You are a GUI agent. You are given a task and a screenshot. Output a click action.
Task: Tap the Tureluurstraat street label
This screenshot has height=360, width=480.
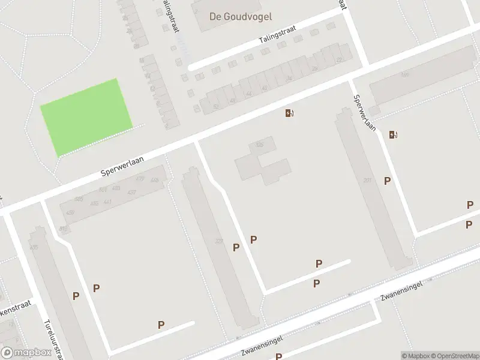pyautogui.click(x=53, y=337)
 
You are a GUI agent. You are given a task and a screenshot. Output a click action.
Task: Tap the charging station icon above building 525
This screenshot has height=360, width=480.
pyautogui.click(x=289, y=113)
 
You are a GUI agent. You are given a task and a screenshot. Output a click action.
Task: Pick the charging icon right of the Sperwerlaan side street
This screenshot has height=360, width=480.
pyautogui.click(x=392, y=134)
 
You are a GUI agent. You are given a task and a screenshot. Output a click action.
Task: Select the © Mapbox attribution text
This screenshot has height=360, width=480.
pyautogui.click(x=415, y=355)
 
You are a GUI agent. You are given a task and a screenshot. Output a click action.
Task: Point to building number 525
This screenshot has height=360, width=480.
pyautogui.click(x=259, y=145)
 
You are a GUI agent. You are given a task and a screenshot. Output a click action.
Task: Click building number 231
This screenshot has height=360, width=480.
pyautogui.click(x=219, y=242)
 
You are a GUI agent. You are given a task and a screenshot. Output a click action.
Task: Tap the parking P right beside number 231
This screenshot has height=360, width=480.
pyautogui.click(x=236, y=247)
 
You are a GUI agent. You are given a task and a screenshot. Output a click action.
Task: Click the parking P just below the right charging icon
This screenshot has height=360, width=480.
pyautogui.click(x=388, y=181)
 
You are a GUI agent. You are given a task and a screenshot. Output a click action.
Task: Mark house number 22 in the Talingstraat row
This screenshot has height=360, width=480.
pyautogui.click(x=340, y=60)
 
